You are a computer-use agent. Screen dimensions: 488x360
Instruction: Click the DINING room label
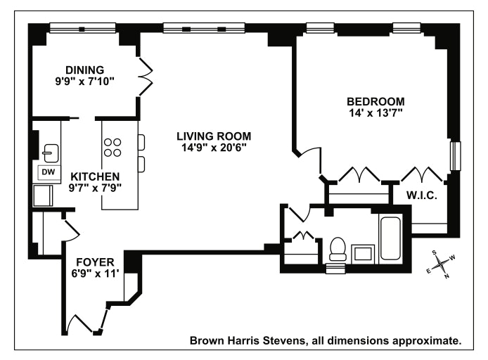click(84, 70)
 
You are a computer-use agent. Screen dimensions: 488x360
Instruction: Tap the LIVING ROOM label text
click(214, 136)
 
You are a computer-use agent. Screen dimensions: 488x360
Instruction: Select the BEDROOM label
click(375, 101)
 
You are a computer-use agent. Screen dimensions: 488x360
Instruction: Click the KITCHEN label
click(95, 176)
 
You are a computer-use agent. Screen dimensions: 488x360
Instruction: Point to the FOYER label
click(95, 262)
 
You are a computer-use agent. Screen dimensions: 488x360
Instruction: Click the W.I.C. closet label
click(422, 195)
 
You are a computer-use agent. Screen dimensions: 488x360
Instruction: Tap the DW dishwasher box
click(49, 172)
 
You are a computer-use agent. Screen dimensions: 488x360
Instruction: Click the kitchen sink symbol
click(51, 153)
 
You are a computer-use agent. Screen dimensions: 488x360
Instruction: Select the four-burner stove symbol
click(113, 148)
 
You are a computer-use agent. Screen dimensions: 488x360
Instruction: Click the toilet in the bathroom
click(338, 249)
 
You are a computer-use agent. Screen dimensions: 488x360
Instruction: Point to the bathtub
click(390, 238)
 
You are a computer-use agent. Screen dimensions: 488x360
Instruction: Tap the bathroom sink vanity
click(363, 252)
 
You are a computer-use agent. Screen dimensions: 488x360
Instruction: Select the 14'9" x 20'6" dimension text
click(214, 148)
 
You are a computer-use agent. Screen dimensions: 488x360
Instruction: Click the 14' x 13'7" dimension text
click(375, 113)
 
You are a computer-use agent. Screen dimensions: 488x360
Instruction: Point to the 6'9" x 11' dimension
click(95, 274)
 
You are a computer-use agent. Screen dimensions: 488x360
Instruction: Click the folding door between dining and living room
click(146, 77)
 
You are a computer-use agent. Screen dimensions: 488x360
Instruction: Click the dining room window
click(83, 28)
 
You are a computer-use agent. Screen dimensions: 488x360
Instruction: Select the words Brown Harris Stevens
click(247, 340)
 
